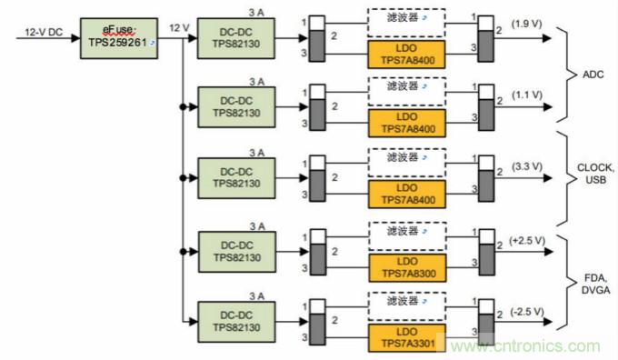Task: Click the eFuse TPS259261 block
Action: [x=119, y=38]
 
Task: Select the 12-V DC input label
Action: [x=44, y=32]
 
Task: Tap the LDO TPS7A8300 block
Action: [x=407, y=268]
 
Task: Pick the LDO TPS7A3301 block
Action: [x=407, y=338]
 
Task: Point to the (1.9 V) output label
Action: [x=526, y=24]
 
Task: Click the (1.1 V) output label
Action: [x=527, y=95]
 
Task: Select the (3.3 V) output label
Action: [x=527, y=166]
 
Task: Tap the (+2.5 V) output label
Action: [x=527, y=241]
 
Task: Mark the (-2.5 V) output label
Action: [x=527, y=312]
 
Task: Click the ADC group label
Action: [x=593, y=75]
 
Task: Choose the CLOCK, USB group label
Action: [x=595, y=174]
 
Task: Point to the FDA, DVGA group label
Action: [x=595, y=284]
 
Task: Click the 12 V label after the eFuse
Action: [x=179, y=28]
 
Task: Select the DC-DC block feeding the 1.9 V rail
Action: [x=236, y=38]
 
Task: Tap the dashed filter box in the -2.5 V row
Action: [x=407, y=306]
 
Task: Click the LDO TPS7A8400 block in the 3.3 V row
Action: [x=407, y=194]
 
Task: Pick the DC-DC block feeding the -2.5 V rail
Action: [x=236, y=322]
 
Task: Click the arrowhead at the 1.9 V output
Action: [x=547, y=38]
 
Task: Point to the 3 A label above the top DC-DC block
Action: [x=256, y=13]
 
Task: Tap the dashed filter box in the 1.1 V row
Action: [x=407, y=92]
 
